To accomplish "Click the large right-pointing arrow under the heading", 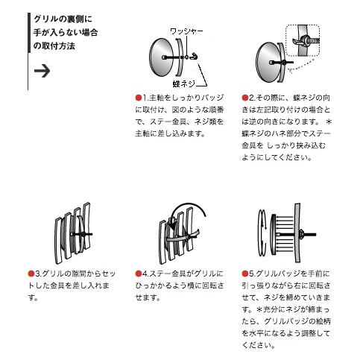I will pyautogui.click(x=42, y=71).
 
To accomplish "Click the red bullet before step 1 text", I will pyautogui.click(x=139, y=98).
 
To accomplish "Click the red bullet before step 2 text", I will pyautogui.click(x=244, y=98).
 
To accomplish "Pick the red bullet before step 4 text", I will pyautogui.click(x=139, y=274).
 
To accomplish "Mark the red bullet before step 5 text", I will pyautogui.click(x=244, y=274).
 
